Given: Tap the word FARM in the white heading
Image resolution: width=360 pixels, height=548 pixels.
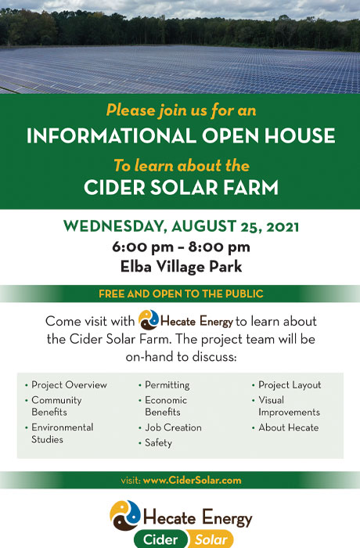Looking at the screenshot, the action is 251,187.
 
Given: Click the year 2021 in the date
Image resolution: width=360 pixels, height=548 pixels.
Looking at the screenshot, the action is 283,227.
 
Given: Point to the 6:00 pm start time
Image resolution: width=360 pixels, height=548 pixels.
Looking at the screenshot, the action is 142,247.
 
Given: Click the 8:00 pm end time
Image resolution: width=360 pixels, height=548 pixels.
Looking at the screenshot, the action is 219,247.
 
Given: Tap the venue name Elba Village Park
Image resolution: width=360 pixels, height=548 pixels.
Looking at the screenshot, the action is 181,267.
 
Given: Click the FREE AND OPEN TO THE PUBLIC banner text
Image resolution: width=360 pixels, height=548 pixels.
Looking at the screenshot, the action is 181,294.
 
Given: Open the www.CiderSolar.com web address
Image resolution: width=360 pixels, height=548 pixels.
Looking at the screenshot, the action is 192,480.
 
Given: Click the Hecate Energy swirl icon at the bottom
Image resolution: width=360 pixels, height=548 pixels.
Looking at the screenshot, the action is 124,515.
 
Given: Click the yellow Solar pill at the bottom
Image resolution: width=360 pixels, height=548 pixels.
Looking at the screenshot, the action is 211,539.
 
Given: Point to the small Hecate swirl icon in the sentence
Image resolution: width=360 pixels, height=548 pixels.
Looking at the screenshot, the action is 149,319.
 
